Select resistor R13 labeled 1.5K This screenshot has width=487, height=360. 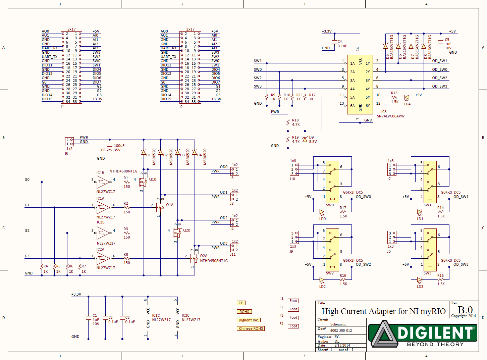click(394, 98)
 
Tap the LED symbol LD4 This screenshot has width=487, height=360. click(407, 98)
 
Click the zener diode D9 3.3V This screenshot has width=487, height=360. click(305, 139)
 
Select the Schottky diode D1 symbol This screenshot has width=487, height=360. click(144, 152)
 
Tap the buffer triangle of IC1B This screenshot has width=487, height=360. click(103, 182)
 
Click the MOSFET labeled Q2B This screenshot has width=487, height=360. click(176, 232)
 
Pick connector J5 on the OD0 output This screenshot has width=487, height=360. click(235, 171)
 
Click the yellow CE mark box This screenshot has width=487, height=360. click(241, 303)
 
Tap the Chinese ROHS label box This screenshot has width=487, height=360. click(251, 328)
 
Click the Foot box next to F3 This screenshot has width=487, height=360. click(293, 317)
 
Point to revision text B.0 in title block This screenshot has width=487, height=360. click(465, 310)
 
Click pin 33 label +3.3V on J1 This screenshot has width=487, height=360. click(97, 99)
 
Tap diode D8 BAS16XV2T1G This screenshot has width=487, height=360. click(424, 46)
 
